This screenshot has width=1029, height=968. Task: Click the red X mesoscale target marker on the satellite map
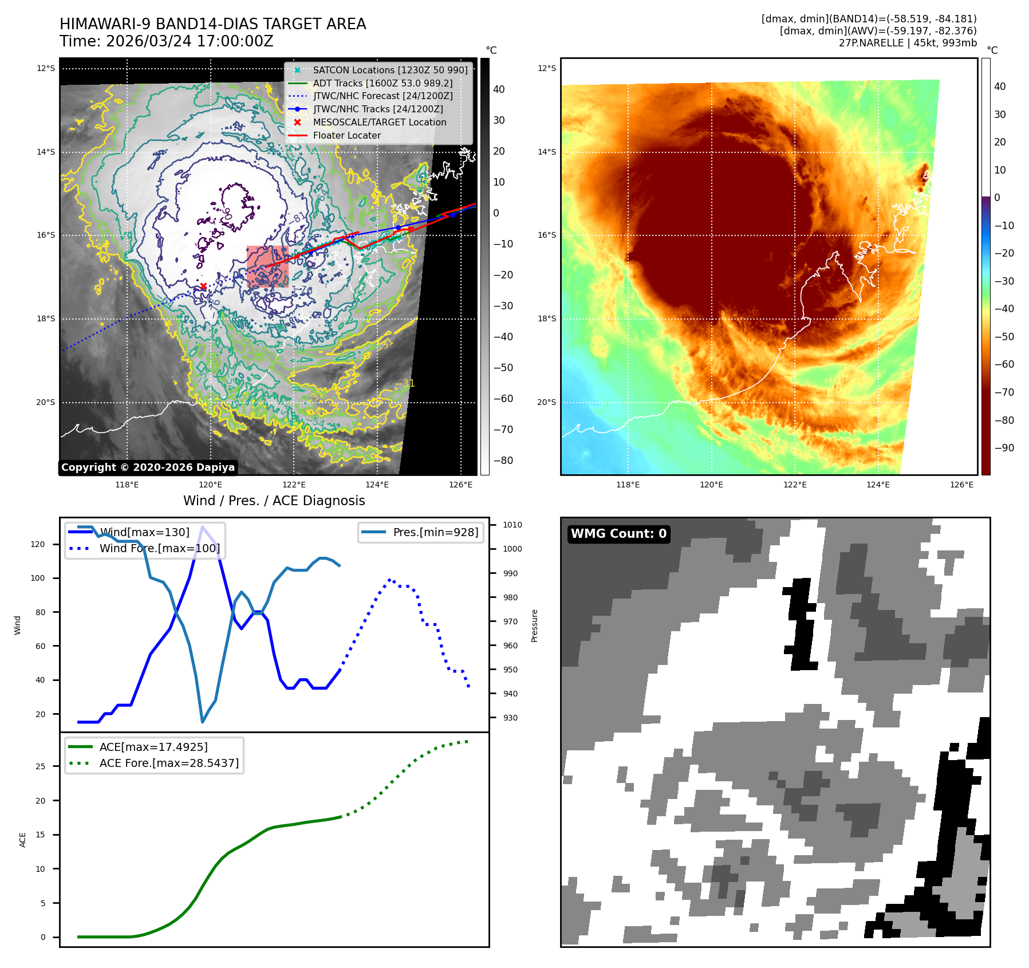(x=203, y=286)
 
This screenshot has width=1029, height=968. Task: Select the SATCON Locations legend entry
(x=389, y=70)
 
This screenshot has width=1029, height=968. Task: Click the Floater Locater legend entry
(x=346, y=135)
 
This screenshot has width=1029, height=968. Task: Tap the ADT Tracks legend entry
(x=383, y=83)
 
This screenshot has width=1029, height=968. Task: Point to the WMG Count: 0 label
(x=618, y=534)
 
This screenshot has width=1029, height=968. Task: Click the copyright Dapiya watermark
(x=148, y=467)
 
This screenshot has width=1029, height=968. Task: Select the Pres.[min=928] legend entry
(x=435, y=532)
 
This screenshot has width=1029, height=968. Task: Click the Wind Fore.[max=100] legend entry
(x=159, y=548)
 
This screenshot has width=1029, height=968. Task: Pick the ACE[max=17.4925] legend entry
(x=153, y=747)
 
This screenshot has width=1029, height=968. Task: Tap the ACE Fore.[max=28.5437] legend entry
(x=169, y=763)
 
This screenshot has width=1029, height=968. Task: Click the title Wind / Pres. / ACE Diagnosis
(x=274, y=501)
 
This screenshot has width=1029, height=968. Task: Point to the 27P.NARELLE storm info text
(x=908, y=43)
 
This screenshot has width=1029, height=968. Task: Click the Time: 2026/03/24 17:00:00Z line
(x=167, y=41)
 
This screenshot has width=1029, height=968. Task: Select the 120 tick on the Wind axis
(x=38, y=544)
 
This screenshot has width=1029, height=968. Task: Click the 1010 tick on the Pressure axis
(x=512, y=525)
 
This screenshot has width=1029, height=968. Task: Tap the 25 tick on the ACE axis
(x=41, y=766)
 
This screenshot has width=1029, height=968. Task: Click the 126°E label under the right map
(x=961, y=485)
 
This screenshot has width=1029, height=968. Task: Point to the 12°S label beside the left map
(x=46, y=69)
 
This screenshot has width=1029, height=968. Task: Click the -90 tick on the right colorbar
(x=1004, y=448)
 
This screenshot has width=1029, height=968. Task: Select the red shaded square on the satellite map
(x=267, y=266)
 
